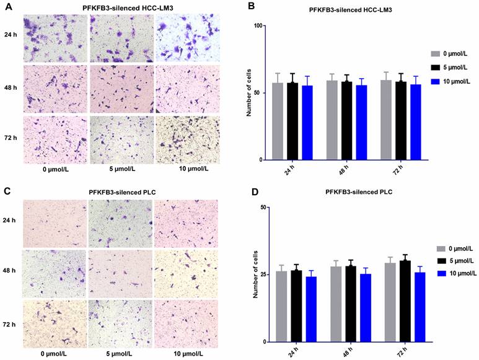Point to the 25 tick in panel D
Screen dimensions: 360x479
(261, 274)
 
